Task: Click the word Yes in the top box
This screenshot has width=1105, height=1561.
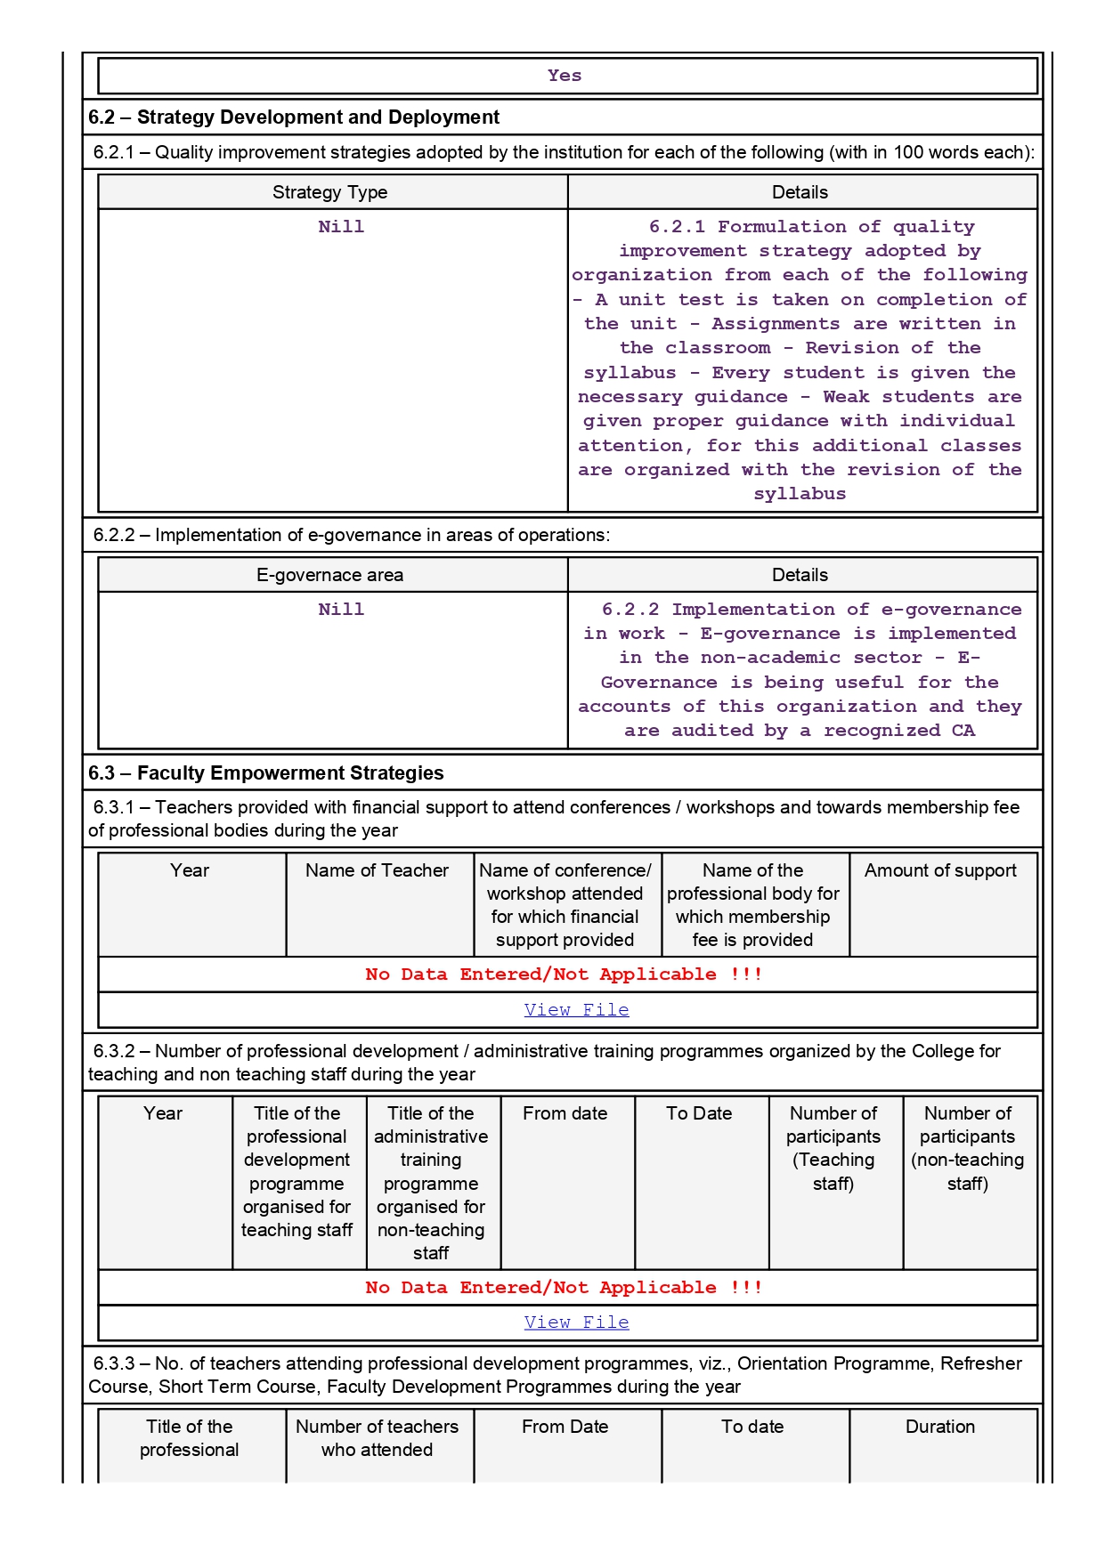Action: point(565,76)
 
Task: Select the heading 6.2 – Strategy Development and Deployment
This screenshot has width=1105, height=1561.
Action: point(294,117)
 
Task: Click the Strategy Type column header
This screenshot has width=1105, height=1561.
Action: point(329,192)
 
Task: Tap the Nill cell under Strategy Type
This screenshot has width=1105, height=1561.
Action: point(341,227)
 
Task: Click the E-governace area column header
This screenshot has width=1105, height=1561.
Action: point(329,575)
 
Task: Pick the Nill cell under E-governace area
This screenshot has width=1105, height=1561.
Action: point(341,610)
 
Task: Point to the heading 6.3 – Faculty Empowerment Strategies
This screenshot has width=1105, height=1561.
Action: point(265,773)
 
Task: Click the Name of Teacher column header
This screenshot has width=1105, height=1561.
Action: point(377,870)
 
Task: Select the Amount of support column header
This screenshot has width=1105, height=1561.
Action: point(940,870)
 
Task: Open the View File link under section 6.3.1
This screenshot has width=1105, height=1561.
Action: point(576,1010)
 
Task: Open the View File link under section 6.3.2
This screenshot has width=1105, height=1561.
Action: point(576,1322)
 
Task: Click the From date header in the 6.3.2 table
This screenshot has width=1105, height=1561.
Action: point(565,1113)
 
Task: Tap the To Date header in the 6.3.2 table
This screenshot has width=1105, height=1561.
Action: point(699,1113)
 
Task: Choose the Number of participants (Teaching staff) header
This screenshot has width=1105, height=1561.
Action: point(833,1148)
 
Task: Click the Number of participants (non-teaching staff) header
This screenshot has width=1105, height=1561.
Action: point(968,1148)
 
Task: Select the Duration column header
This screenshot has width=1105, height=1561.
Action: point(940,1427)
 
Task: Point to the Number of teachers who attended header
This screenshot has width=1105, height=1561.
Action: point(377,1438)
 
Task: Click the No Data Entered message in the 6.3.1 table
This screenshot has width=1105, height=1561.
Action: point(564,975)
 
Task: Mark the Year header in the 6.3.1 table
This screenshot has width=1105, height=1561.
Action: point(190,870)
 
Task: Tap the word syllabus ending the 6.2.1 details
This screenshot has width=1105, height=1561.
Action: point(800,494)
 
